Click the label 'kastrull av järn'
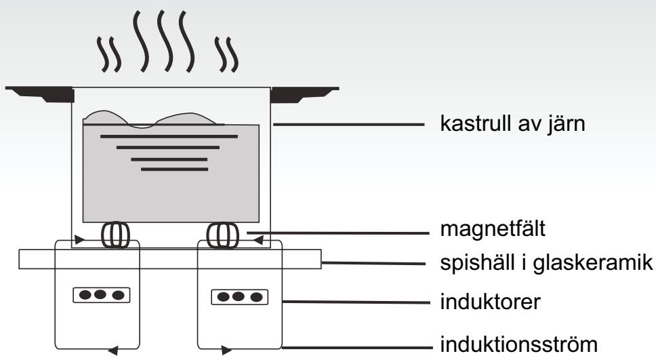(512, 124)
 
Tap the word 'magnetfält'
(493, 228)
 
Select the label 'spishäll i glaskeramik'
(546, 262)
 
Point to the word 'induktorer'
(491, 302)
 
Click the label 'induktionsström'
(519, 344)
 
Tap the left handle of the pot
(40, 94)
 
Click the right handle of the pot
(304, 94)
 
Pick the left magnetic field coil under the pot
(115, 235)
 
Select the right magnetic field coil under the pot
(223, 235)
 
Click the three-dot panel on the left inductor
(101, 295)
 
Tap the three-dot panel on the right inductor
(239, 297)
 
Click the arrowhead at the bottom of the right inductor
(226, 350)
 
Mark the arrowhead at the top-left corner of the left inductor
(79, 240)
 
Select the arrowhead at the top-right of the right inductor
(259, 240)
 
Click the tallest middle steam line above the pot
(165, 41)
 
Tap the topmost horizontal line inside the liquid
(169, 136)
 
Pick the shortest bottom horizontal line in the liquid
(174, 169)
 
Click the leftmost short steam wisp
(102, 54)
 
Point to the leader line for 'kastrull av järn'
(349, 124)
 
